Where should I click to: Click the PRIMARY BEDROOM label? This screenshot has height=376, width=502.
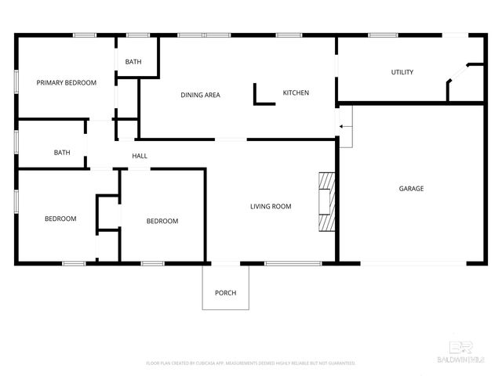click(66, 82)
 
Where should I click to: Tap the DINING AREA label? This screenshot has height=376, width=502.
click(200, 95)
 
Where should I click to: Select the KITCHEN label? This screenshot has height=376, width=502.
click(296, 92)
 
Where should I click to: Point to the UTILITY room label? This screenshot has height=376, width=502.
click(402, 72)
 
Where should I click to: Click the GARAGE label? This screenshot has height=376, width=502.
click(411, 188)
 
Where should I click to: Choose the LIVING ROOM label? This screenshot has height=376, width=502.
click(271, 206)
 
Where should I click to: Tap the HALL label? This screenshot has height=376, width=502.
click(140, 156)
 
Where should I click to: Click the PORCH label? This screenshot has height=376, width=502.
click(225, 293)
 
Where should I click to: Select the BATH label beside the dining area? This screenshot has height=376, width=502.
click(133, 62)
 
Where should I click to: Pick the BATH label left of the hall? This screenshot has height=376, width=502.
click(62, 153)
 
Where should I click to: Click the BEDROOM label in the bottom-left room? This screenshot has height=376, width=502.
click(60, 219)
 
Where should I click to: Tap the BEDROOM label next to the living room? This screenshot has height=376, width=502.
click(162, 221)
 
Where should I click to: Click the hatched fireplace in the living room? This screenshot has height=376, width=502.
click(326, 201)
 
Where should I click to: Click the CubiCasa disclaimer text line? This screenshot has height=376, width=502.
click(251, 363)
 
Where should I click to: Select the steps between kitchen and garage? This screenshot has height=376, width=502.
click(345, 125)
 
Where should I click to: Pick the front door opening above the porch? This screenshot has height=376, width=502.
click(226, 263)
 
